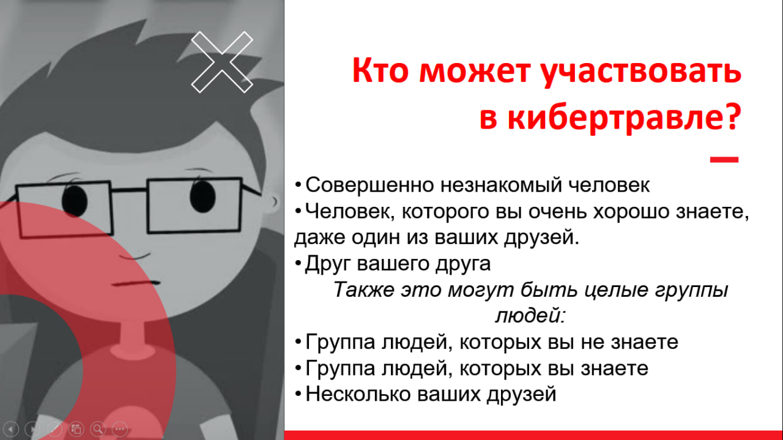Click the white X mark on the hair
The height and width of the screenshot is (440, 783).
pos(222,62)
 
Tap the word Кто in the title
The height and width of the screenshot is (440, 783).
pos(380,70)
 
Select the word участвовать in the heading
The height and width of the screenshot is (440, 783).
pos(640,73)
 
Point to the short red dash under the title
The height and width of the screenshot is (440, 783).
pos(724,160)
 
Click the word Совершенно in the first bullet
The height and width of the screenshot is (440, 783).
pos(369,185)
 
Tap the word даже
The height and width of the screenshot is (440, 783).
pos(319,238)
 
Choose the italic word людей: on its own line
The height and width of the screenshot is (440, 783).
pos(530,316)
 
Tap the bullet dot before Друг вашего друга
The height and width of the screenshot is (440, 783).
pos(298,263)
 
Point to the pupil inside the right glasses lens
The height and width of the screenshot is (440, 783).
pos(202,196)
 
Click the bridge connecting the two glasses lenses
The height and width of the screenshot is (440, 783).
pos(129,190)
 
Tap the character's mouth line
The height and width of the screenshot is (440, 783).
pos(136,283)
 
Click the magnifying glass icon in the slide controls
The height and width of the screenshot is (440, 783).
pos(98,428)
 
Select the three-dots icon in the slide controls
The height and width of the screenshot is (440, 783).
pos(119,429)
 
